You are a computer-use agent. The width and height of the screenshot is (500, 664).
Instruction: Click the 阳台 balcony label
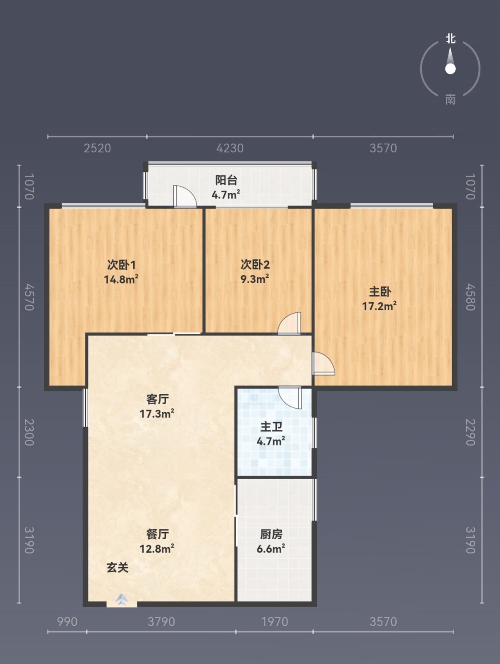226,180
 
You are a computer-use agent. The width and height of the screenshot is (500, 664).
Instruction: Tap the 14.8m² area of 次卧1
121,279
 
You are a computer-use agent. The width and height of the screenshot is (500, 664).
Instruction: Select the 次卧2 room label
255,265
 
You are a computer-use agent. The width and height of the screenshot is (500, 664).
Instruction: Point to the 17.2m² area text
380,306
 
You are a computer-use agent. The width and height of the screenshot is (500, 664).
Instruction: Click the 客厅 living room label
157,399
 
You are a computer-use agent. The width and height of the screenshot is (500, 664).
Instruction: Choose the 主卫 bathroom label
271,427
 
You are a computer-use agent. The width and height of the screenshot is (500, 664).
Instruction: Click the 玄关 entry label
117,567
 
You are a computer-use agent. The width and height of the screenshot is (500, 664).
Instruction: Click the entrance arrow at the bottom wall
122,599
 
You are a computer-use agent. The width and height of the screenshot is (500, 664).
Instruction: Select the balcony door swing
185,196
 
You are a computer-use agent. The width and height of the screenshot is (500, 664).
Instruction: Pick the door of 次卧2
290,323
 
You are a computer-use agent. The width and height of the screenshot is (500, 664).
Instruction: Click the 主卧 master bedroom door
323,364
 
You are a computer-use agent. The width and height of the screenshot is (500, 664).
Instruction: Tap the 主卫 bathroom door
290,397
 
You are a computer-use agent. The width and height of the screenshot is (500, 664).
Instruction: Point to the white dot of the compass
450,69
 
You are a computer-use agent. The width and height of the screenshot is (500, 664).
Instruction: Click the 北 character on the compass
450,39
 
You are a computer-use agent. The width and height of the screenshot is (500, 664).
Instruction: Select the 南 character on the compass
450,100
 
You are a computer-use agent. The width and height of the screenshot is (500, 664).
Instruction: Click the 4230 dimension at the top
230,148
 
